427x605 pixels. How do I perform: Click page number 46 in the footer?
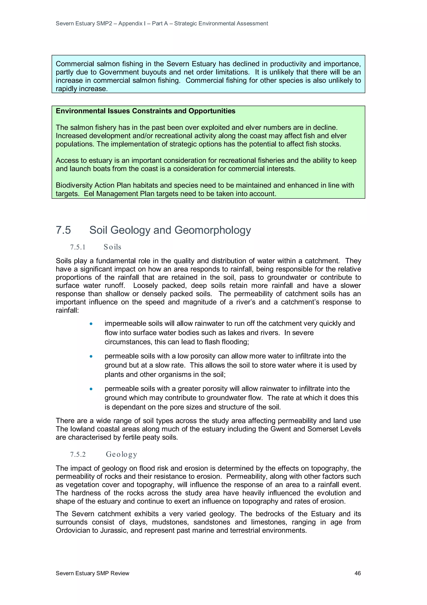tap(357, 573)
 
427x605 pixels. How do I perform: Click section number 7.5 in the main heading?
tap(63, 230)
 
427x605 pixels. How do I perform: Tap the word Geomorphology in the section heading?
tap(213, 230)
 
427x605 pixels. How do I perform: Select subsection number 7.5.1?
tap(78, 247)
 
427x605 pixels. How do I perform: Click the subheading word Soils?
tap(112, 247)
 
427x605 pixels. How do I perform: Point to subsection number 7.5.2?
tap(78, 454)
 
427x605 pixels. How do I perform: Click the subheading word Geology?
tap(121, 454)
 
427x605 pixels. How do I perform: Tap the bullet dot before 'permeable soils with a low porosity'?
tap(91, 356)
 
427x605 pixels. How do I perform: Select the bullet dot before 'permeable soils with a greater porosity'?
tap(91, 389)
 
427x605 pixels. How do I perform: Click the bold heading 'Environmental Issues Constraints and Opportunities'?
tap(146, 111)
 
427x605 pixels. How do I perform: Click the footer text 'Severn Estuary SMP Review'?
tap(92, 573)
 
